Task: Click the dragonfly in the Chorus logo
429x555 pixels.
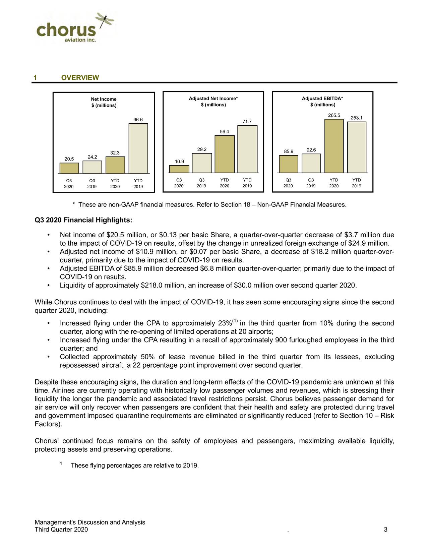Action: (105, 21)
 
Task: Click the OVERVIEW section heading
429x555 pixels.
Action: (80, 78)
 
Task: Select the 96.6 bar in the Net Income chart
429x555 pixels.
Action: (138, 148)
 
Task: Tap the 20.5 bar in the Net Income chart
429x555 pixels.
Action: (69, 168)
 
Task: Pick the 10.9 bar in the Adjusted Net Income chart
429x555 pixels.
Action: (179, 169)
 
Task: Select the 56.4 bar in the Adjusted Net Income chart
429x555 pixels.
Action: (225, 154)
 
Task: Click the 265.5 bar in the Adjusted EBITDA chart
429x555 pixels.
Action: (334, 146)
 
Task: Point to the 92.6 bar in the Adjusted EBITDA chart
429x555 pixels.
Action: (311, 163)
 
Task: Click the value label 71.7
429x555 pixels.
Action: (247, 121)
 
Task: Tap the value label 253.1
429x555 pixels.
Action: (356, 118)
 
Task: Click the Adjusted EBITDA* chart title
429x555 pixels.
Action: (322, 98)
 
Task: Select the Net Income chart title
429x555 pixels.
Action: (104, 99)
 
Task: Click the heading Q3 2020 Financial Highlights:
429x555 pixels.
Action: (83, 221)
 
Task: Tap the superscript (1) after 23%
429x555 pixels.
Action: (235, 321)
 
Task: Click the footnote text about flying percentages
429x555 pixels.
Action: (135, 466)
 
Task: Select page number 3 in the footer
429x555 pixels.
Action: (386, 530)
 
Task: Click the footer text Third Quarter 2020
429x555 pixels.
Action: (61, 530)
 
